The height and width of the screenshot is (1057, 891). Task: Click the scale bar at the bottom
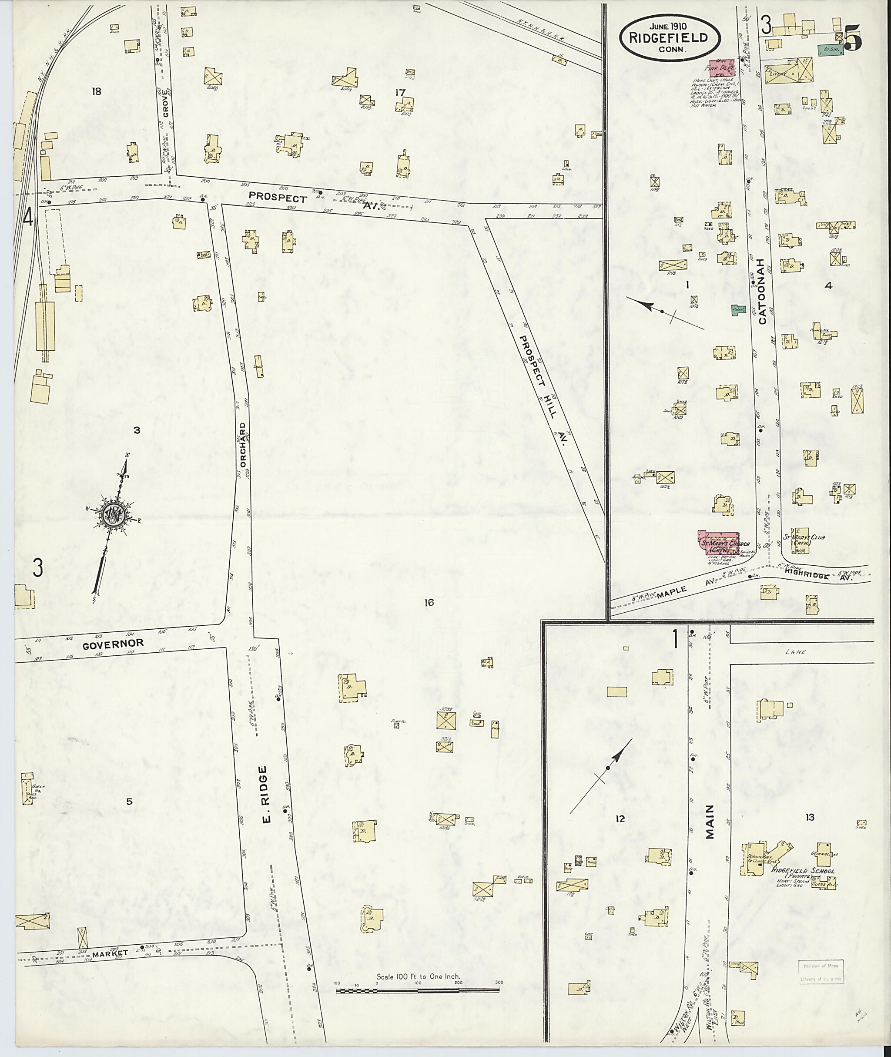[x=417, y=991]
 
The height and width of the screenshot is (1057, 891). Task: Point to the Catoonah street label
[x=763, y=295]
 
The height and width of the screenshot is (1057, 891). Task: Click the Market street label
[x=111, y=954]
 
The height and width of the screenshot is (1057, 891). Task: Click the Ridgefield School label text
[x=803, y=871]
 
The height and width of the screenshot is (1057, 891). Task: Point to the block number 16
[x=429, y=602]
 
